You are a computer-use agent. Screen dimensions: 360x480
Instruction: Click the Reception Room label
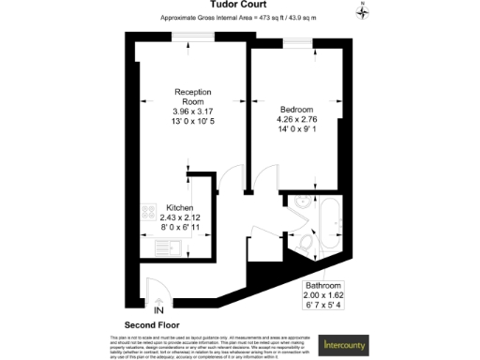[194, 97]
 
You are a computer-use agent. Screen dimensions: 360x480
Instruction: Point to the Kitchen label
[180, 207]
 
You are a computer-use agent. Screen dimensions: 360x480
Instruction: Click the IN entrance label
[157, 309]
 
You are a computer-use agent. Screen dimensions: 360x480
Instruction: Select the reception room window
[186, 38]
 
